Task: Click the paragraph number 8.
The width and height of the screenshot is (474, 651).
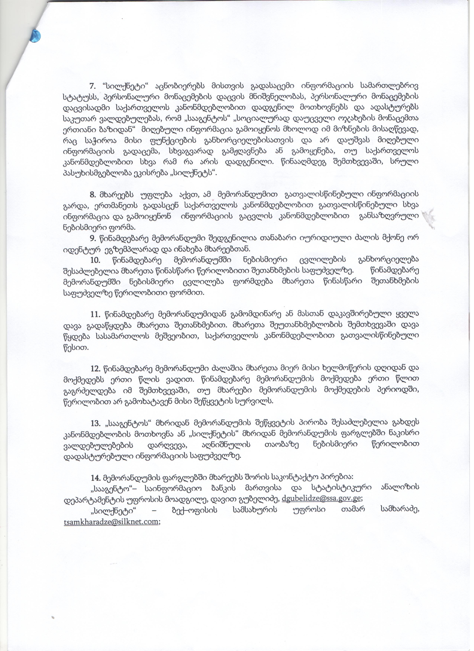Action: (x=93, y=195)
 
